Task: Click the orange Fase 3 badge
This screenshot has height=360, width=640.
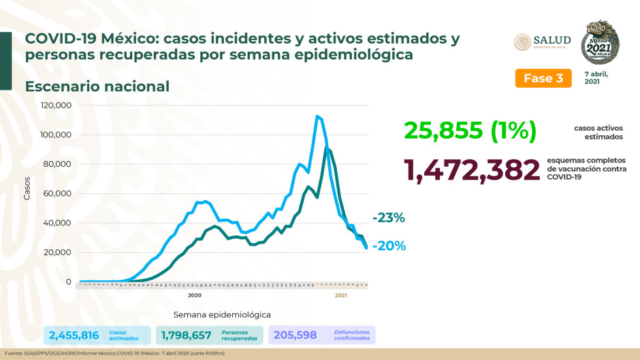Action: [543, 78]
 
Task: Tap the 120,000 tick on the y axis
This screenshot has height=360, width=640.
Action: [56, 105]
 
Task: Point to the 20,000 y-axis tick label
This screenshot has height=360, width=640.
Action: [58, 252]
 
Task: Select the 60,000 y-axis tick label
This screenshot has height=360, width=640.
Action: [58, 193]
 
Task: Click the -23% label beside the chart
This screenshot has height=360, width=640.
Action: [388, 218]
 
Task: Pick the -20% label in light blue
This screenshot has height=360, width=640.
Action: [389, 246]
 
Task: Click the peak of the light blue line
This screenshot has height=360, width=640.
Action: [317, 116]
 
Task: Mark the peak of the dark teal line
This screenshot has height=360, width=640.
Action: [327, 148]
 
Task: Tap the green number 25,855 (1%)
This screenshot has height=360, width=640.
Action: [469, 129]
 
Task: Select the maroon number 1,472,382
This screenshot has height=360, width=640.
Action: [472, 170]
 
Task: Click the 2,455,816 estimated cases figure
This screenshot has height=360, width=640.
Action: [74, 335]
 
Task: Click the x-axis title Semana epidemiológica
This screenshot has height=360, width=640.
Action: [222, 314]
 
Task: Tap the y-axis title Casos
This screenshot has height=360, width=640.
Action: [28, 193]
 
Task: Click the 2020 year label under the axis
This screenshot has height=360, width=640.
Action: [194, 295]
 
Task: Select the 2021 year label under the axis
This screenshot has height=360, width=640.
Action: [341, 295]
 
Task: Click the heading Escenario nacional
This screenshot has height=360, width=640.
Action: [97, 86]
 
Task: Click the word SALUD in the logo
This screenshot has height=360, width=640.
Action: [552, 39]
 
